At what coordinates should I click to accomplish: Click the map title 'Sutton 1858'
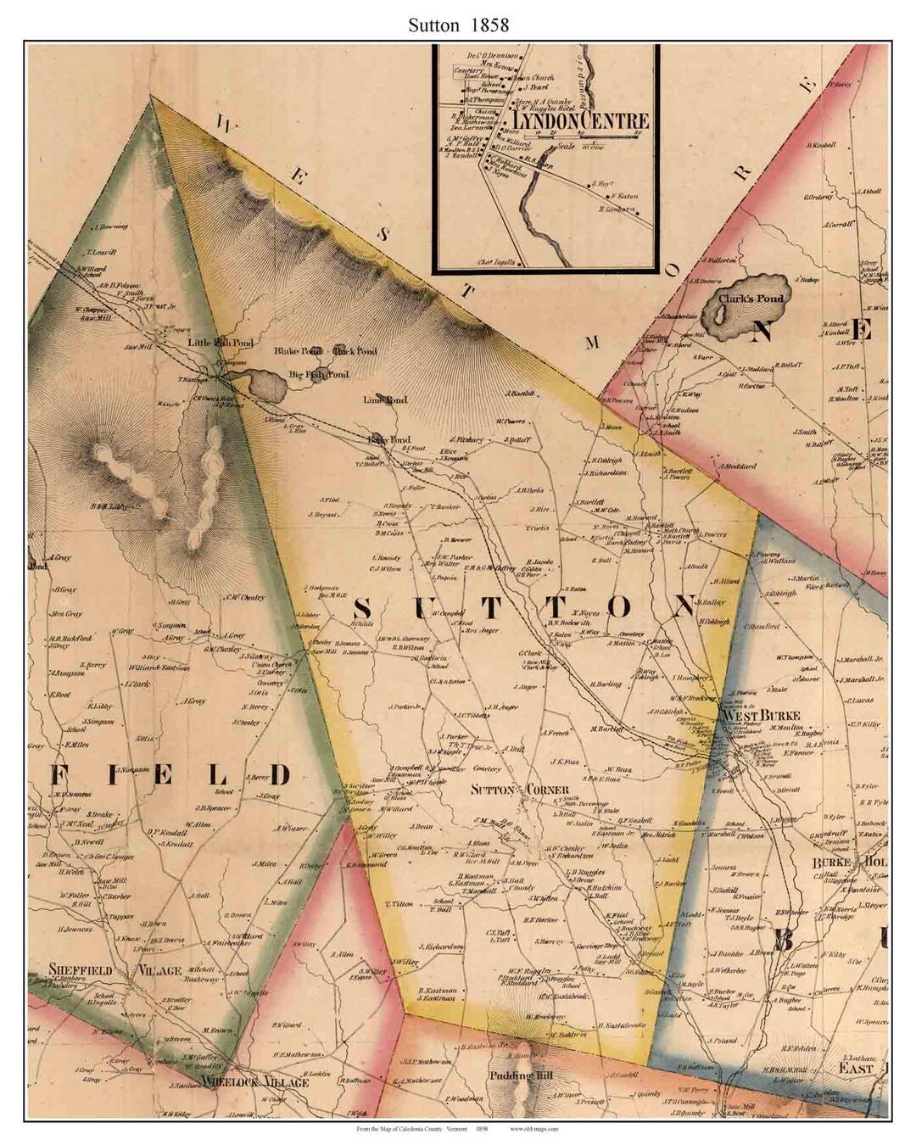point(457,25)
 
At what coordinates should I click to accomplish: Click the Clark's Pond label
point(751,299)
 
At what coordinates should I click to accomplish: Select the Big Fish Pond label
point(319,374)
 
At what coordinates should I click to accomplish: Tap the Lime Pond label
point(385,399)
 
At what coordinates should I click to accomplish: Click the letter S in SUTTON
point(362,609)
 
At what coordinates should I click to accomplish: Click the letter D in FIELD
point(278,774)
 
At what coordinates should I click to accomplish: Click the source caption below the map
point(457,1129)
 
